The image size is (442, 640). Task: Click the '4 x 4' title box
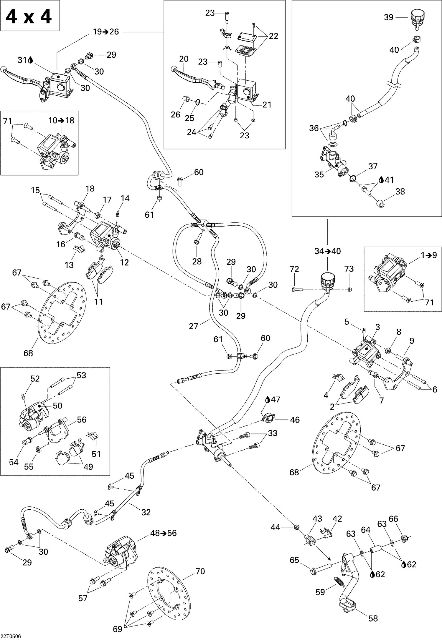point(30,16)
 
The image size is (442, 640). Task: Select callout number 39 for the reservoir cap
point(388,17)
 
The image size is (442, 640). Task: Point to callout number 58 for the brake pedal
point(373,618)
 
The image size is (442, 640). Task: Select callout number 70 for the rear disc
point(200,571)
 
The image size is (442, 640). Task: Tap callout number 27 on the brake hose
point(193,326)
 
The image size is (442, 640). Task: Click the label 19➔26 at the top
point(106,32)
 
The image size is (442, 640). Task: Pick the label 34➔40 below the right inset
point(327,251)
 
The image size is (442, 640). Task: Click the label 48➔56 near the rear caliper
point(163,533)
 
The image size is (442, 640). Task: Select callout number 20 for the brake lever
point(184,59)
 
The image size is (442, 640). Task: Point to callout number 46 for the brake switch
point(295,420)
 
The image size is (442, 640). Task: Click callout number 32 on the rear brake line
point(146,512)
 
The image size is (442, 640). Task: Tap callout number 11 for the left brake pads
point(98,302)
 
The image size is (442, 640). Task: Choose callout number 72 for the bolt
point(294,269)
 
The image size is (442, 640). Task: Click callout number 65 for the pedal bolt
point(294,560)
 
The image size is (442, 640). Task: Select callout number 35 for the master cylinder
point(319,174)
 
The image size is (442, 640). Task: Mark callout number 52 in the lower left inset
point(35,378)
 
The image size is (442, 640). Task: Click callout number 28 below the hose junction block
point(197,261)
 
